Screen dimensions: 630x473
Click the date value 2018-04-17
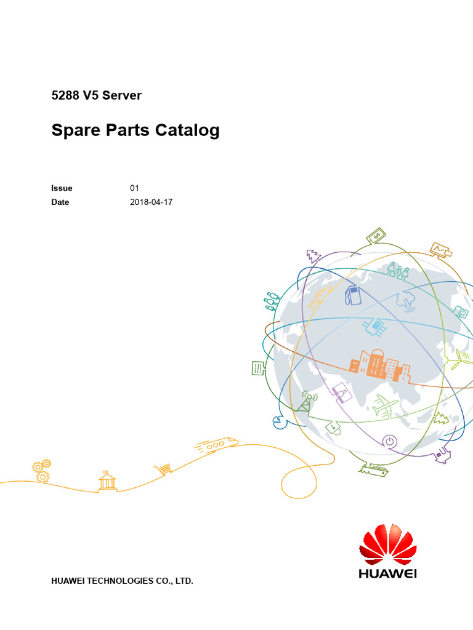(x=151, y=202)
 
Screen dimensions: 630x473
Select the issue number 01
(x=134, y=188)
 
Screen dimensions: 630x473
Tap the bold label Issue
(x=62, y=188)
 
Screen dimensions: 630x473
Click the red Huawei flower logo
(x=388, y=544)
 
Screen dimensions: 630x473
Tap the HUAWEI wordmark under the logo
(x=388, y=573)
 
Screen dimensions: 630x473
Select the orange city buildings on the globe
(x=379, y=365)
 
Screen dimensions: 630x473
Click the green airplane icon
(x=386, y=407)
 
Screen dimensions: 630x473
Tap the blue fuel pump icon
(x=354, y=295)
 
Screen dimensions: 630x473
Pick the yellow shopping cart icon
(x=163, y=469)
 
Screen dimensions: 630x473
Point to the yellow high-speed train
(x=216, y=444)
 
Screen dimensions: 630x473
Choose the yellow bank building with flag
(x=107, y=480)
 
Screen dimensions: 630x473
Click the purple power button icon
(x=390, y=441)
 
